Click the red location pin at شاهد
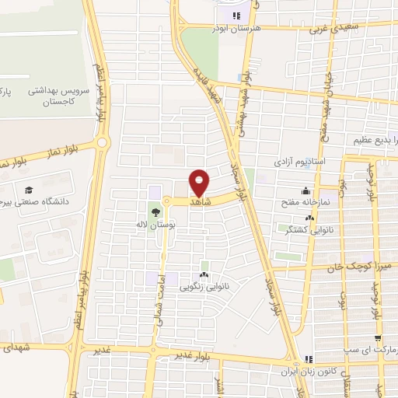coord(200,183)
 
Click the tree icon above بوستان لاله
coord(157,211)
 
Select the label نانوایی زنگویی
coord(204,286)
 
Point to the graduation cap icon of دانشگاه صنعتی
coord(29,190)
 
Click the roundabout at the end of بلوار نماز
coord(102,143)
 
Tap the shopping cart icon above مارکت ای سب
coord(378,339)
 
